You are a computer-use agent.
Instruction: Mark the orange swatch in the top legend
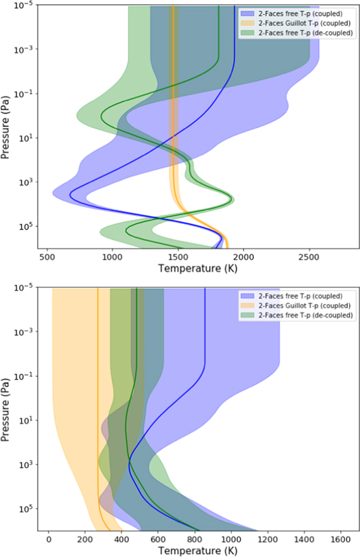point(247,23)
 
